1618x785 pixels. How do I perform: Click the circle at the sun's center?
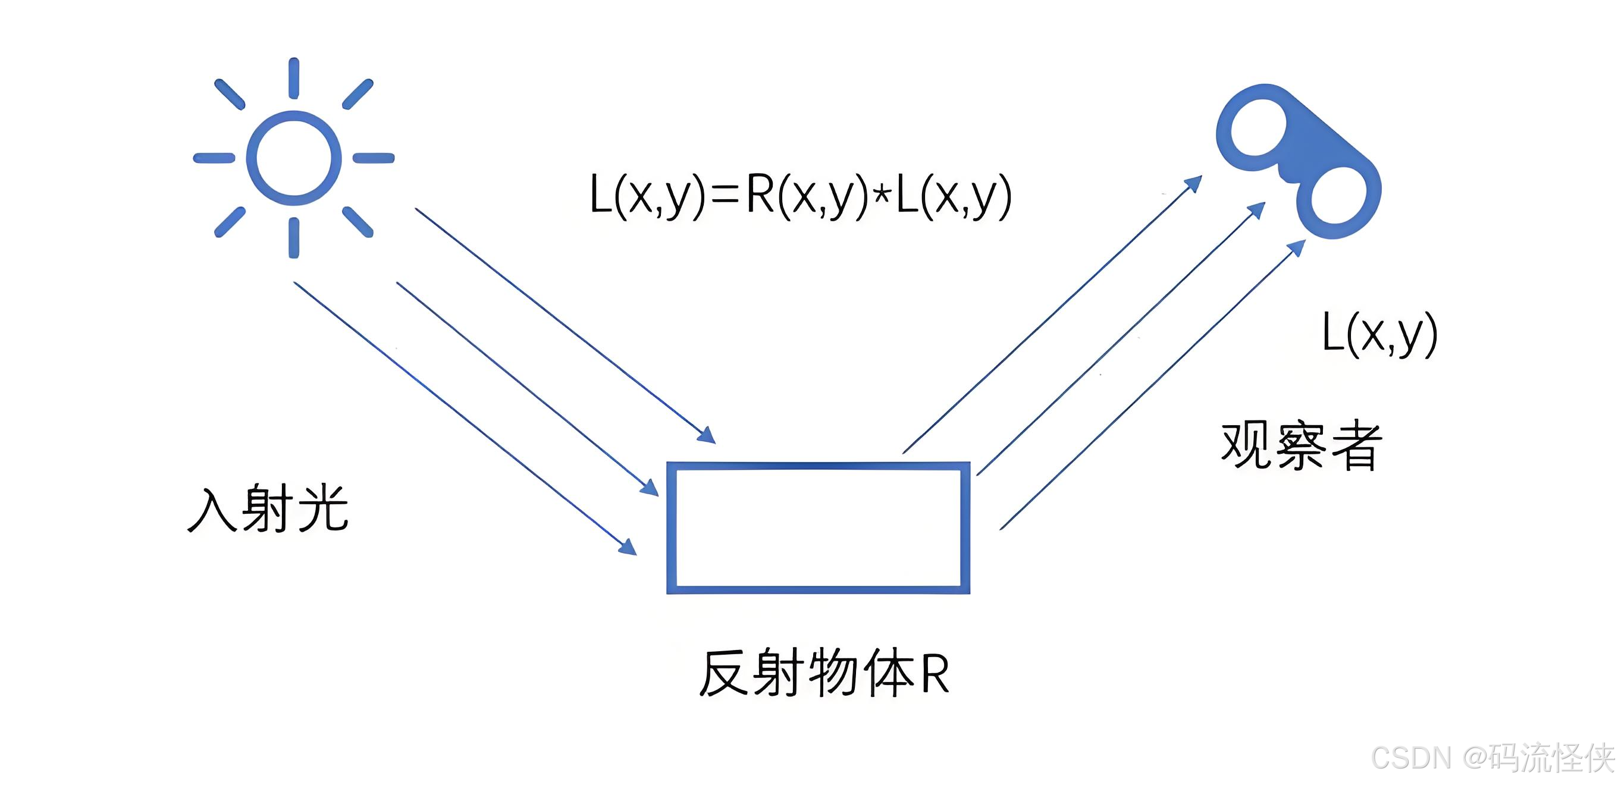293,158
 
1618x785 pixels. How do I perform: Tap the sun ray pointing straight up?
293,78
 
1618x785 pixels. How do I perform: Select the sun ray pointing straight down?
293,238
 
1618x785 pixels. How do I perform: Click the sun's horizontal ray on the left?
214,158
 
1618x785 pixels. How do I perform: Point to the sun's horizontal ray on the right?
374,158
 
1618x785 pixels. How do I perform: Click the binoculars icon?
1299,161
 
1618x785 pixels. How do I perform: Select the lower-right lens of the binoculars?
1338,200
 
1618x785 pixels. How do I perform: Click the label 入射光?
268,508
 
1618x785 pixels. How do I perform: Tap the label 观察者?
1302,446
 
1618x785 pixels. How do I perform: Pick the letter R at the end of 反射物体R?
935,674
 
